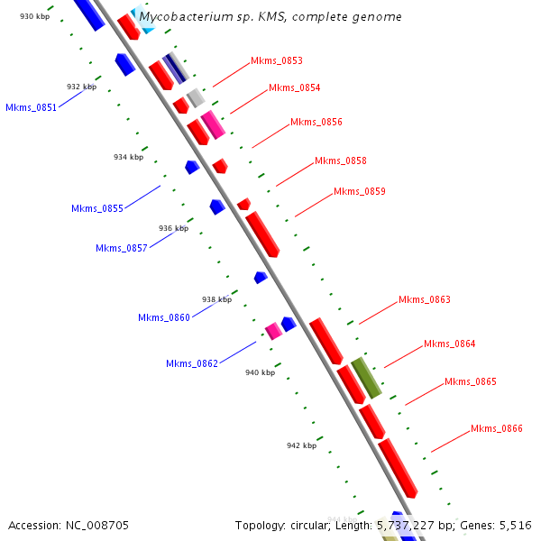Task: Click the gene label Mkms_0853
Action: [x=277, y=61]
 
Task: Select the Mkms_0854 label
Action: [x=295, y=88]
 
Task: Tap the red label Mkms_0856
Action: [x=316, y=123]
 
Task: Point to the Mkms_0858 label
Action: [x=341, y=161]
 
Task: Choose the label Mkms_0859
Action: [x=360, y=192]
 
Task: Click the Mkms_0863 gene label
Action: [x=425, y=300]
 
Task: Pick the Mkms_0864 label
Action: [x=450, y=344]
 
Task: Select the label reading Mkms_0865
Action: [x=471, y=382]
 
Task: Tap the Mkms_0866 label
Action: [x=497, y=429]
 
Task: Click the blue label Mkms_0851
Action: [x=32, y=107]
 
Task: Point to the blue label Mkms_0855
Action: [x=97, y=209]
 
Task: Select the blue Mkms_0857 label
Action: [x=122, y=249]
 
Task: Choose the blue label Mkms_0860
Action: [x=164, y=317]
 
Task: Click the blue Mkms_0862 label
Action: [x=192, y=364]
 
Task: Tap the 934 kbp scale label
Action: [x=128, y=157]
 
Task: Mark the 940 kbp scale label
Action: [x=260, y=372]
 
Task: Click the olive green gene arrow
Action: [x=366, y=378]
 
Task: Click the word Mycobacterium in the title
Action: [x=186, y=17]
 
